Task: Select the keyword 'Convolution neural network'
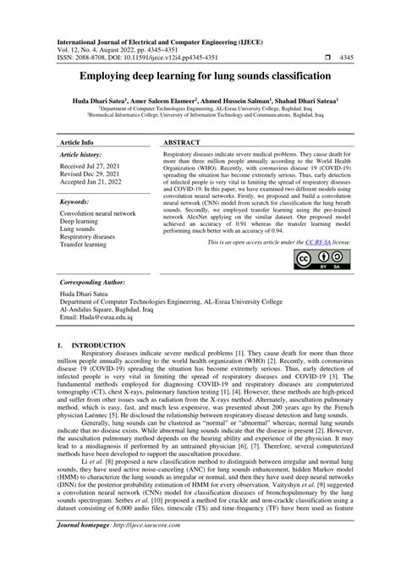pos(98,214)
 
